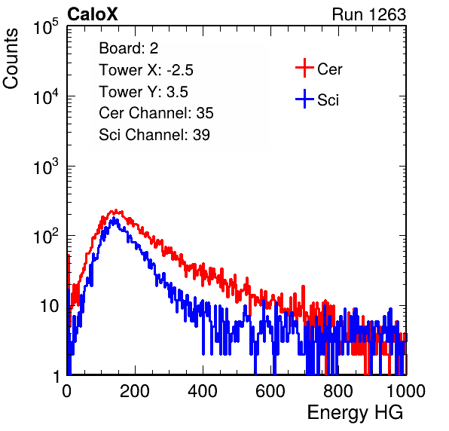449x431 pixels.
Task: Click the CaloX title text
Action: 92,14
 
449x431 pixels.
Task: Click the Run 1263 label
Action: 369,14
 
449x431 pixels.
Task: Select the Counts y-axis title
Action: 11,59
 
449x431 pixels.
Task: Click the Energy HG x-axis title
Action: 355,413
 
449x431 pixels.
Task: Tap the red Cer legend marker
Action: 304,68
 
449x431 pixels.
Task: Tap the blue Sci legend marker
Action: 304,99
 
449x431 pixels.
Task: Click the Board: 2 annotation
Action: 129,48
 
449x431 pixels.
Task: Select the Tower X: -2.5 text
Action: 146,70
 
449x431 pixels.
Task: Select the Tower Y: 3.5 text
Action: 143,92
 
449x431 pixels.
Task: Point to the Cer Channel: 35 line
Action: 156,113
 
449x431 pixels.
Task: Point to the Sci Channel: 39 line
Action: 154,135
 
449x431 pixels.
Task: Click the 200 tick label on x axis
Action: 135,391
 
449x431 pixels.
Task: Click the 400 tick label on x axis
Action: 203,391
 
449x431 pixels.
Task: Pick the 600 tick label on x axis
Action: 270,391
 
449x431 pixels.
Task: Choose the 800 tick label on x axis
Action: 338,391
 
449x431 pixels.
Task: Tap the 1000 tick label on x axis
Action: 406,391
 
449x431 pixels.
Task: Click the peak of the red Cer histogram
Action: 116,211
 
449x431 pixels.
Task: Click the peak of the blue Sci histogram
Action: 114,219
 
